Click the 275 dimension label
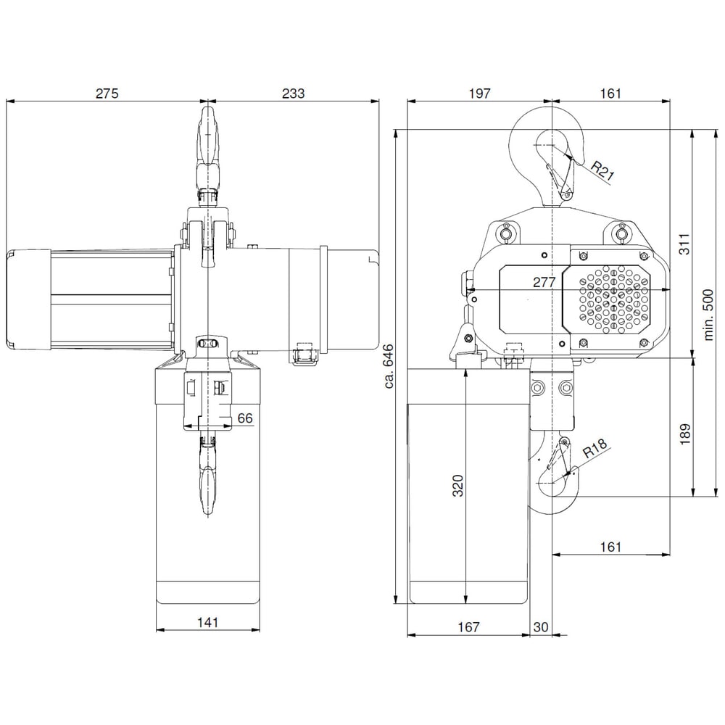(x=106, y=94)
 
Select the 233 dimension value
(x=293, y=94)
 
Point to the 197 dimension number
(x=479, y=94)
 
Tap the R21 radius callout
(x=602, y=171)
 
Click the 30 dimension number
(x=541, y=627)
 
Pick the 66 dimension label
(x=245, y=418)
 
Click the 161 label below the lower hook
(x=610, y=547)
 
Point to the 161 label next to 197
(x=610, y=94)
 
